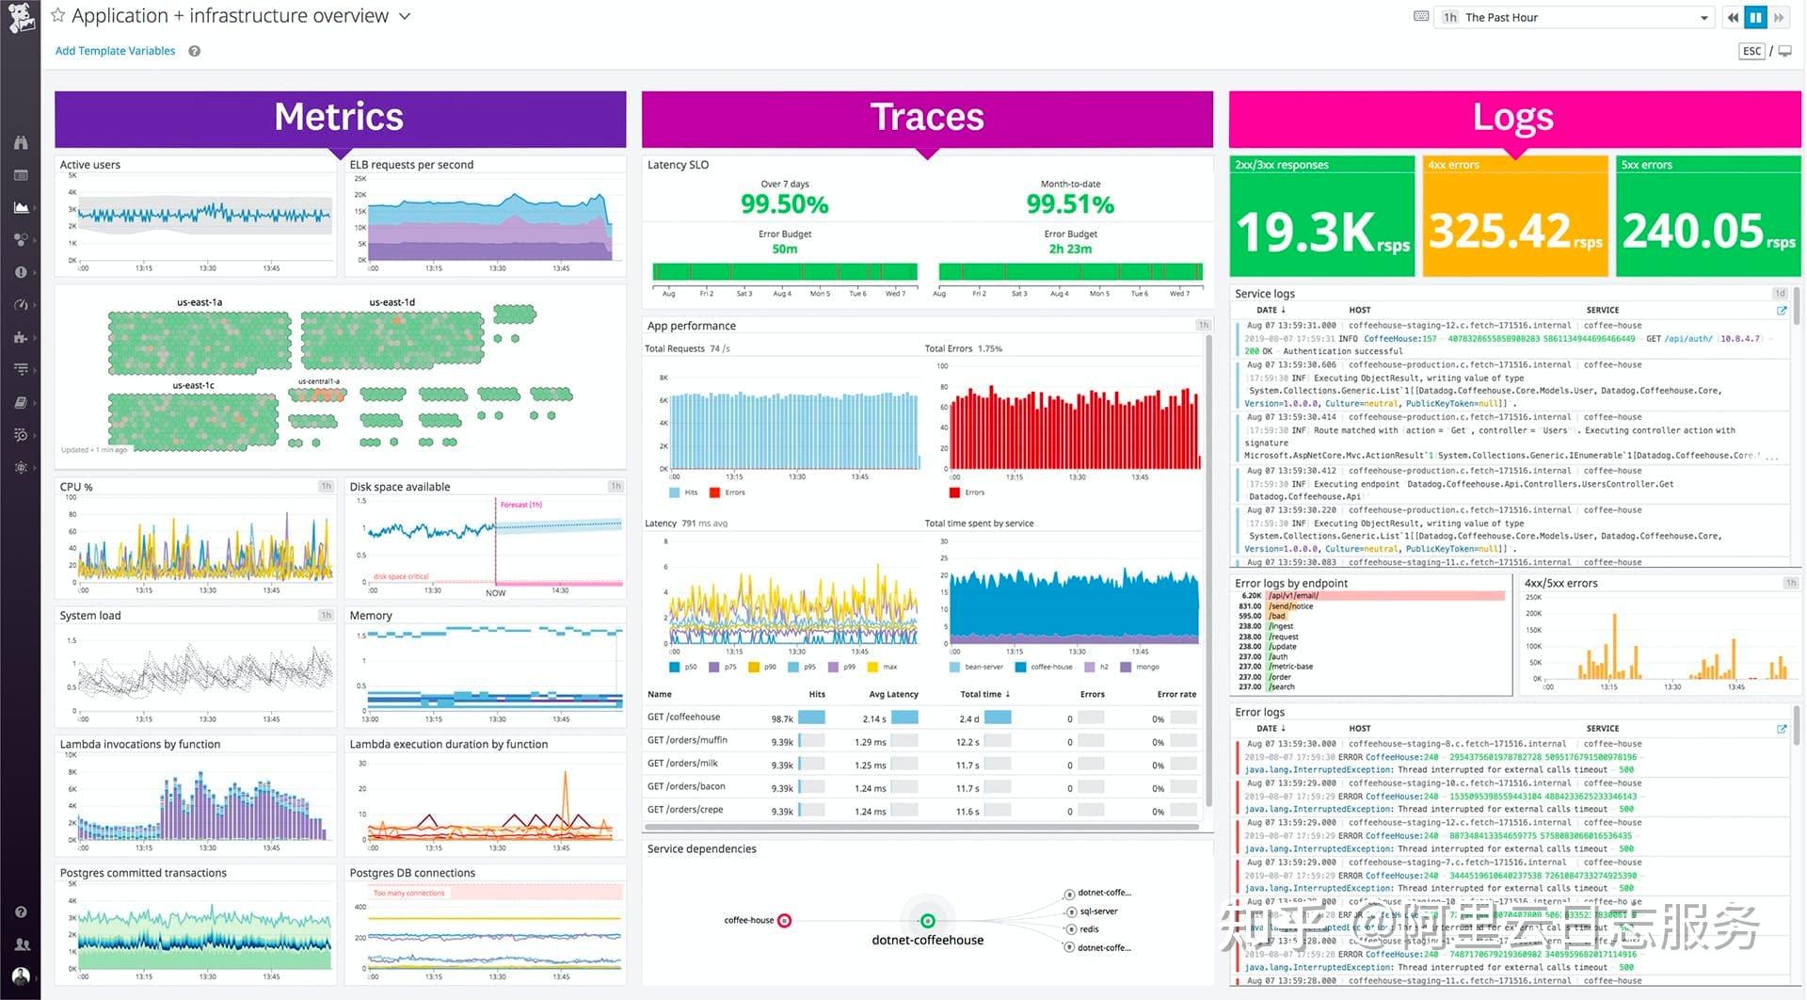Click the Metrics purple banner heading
(339, 118)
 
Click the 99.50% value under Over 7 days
(784, 204)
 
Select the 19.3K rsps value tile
(1321, 232)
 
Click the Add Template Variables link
(115, 51)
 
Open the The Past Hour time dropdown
(1572, 17)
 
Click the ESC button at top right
(1751, 51)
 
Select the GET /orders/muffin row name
(687, 740)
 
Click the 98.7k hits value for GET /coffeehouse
(782, 718)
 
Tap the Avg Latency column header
(893, 694)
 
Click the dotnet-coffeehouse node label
(927, 940)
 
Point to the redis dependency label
(1089, 929)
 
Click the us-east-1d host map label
(392, 302)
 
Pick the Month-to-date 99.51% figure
(1070, 204)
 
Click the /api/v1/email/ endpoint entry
(1293, 596)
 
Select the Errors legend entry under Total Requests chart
(734, 492)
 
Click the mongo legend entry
(1147, 667)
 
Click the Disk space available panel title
(399, 487)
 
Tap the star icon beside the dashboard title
(58, 15)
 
